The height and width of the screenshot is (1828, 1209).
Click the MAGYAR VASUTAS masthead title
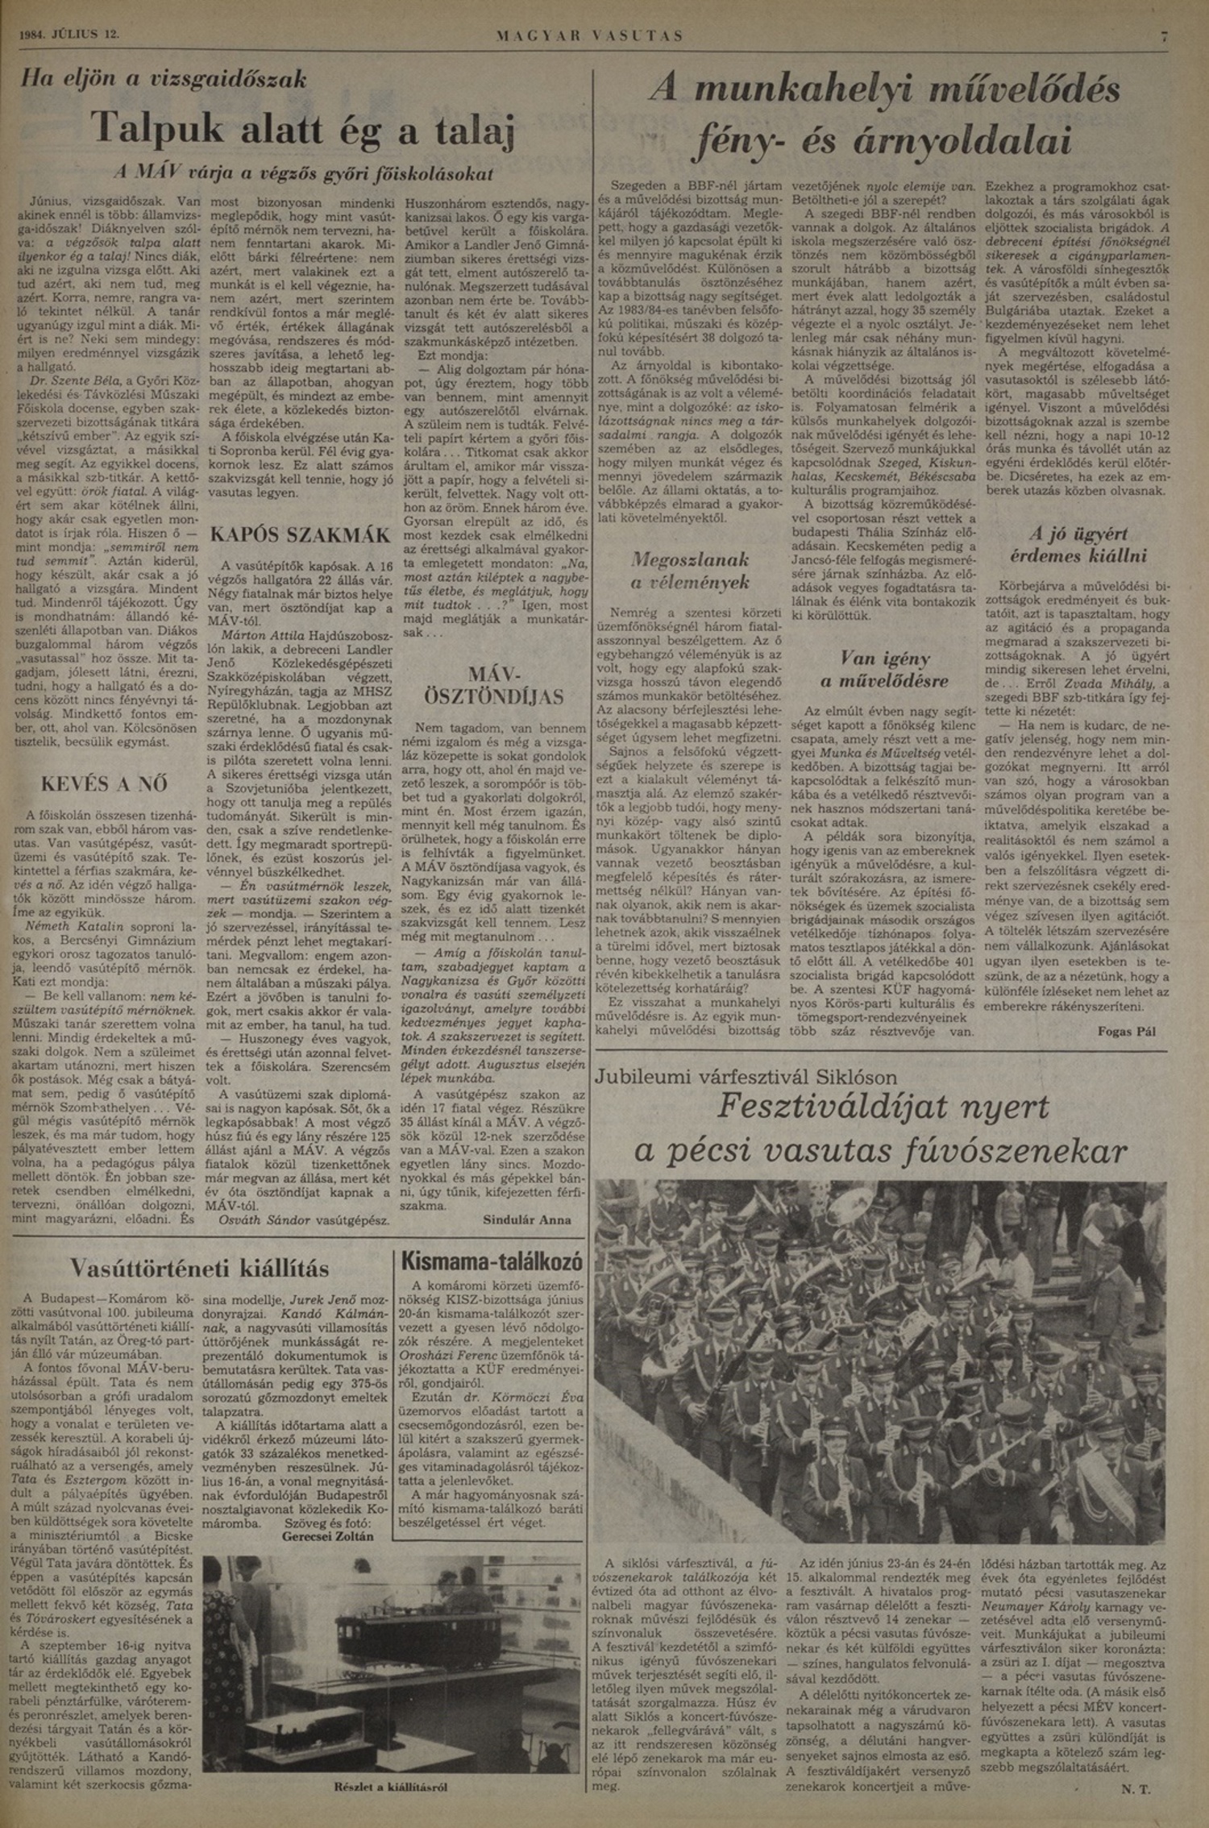coord(590,36)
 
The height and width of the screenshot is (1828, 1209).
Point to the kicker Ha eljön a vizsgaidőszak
coord(165,79)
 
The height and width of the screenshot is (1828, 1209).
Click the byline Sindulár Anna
coord(526,1219)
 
